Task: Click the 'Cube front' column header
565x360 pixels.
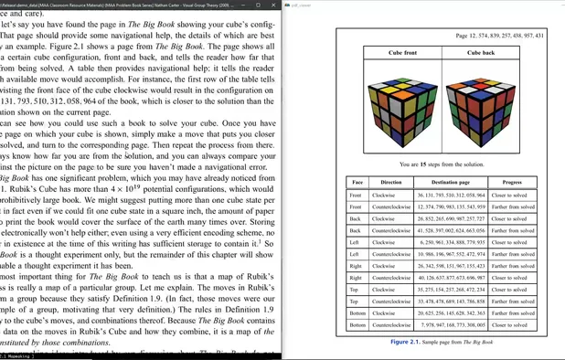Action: [402, 53]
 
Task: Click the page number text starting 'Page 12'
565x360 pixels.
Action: [499, 36]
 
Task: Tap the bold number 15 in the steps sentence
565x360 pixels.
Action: [423, 164]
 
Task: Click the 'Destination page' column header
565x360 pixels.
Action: [451, 183]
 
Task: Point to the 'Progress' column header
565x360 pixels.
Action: [512, 183]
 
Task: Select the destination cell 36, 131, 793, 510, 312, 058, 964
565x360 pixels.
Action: [451, 195]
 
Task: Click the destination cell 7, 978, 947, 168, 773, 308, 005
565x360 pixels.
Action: [451, 325]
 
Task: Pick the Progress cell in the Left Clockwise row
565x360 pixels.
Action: [512, 242]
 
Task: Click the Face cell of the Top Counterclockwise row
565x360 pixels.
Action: [356, 302]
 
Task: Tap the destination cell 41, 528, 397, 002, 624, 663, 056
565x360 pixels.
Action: [451, 230]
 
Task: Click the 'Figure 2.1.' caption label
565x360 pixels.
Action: [405, 342]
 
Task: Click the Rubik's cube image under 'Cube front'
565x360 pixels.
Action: [402, 107]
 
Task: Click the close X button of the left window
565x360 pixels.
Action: [272, 5]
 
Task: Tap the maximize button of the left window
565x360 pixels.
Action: [258, 5]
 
